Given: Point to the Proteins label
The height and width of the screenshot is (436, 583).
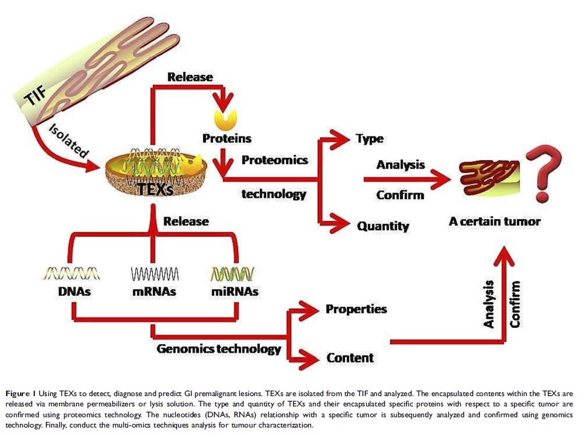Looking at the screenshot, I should (227, 138).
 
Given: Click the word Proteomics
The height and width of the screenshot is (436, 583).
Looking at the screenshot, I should (275, 160).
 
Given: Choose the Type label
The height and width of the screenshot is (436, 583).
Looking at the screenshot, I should (370, 139).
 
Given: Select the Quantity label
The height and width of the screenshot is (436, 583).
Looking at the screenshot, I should (383, 226).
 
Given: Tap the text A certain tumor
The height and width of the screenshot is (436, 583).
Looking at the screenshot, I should (494, 221).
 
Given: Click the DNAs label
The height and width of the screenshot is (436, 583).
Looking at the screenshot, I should (72, 292).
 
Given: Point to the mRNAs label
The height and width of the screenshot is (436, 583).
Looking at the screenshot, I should (154, 292).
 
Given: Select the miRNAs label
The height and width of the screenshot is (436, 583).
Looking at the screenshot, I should (235, 292).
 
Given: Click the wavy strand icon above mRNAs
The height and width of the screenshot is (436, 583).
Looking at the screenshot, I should (154, 275).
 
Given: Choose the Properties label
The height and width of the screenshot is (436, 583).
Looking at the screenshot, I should (356, 309).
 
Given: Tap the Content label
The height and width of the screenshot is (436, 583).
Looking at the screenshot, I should (350, 358).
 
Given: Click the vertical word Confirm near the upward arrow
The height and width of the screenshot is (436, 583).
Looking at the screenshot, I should (515, 304).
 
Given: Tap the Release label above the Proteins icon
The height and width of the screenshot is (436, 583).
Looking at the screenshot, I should (190, 77).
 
